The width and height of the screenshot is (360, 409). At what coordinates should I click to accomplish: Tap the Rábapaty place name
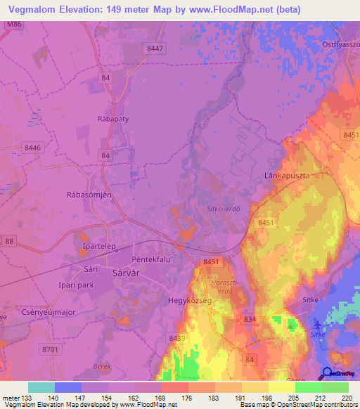coord(112,119)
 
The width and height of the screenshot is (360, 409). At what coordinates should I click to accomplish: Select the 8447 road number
coord(155,48)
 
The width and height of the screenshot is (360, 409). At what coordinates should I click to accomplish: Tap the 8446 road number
coord(32,148)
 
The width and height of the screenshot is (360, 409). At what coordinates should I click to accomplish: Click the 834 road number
coord(250,320)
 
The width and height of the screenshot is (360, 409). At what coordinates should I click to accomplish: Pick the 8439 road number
coord(178,339)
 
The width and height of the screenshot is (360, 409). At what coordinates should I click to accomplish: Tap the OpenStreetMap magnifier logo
coord(326,374)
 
